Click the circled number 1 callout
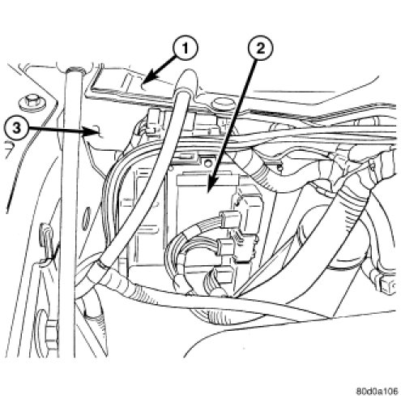click(186, 49)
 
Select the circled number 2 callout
click(260, 49)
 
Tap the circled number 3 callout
click(17, 128)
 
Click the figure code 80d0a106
click(377, 391)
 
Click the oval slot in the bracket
click(86, 218)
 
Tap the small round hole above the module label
click(207, 164)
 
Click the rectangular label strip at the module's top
click(207, 179)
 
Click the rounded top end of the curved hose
click(186, 79)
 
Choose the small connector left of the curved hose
click(152, 120)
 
